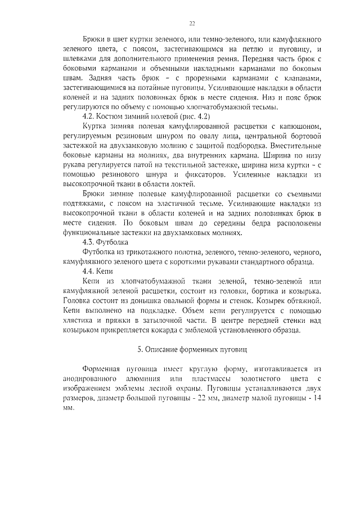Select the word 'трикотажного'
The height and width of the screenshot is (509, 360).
pyautogui.click(x=147, y=252)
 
